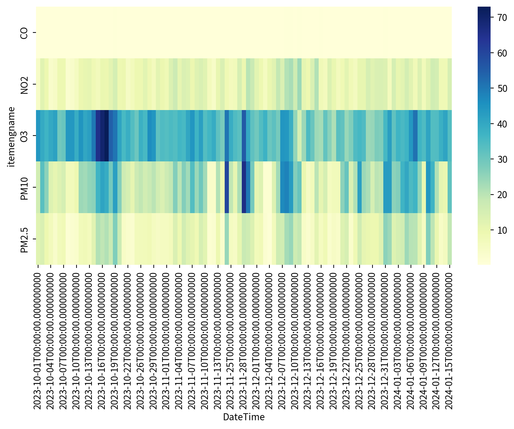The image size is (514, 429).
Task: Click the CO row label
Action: tap(24, 33)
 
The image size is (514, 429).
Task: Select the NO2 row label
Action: tap(24, 84)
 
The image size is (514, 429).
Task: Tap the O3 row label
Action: tap(24, 136)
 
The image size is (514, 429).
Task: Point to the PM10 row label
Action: tap(24, 187)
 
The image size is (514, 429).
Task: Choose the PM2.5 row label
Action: tap(24, 239)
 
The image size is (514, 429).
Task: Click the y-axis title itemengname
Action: tap(12, 136)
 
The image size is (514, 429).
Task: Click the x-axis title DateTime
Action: tap(244, 417)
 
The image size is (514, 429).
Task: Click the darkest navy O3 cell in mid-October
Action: tap(107, 136)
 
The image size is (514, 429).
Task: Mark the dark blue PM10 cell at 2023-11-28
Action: tap(244, 187)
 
